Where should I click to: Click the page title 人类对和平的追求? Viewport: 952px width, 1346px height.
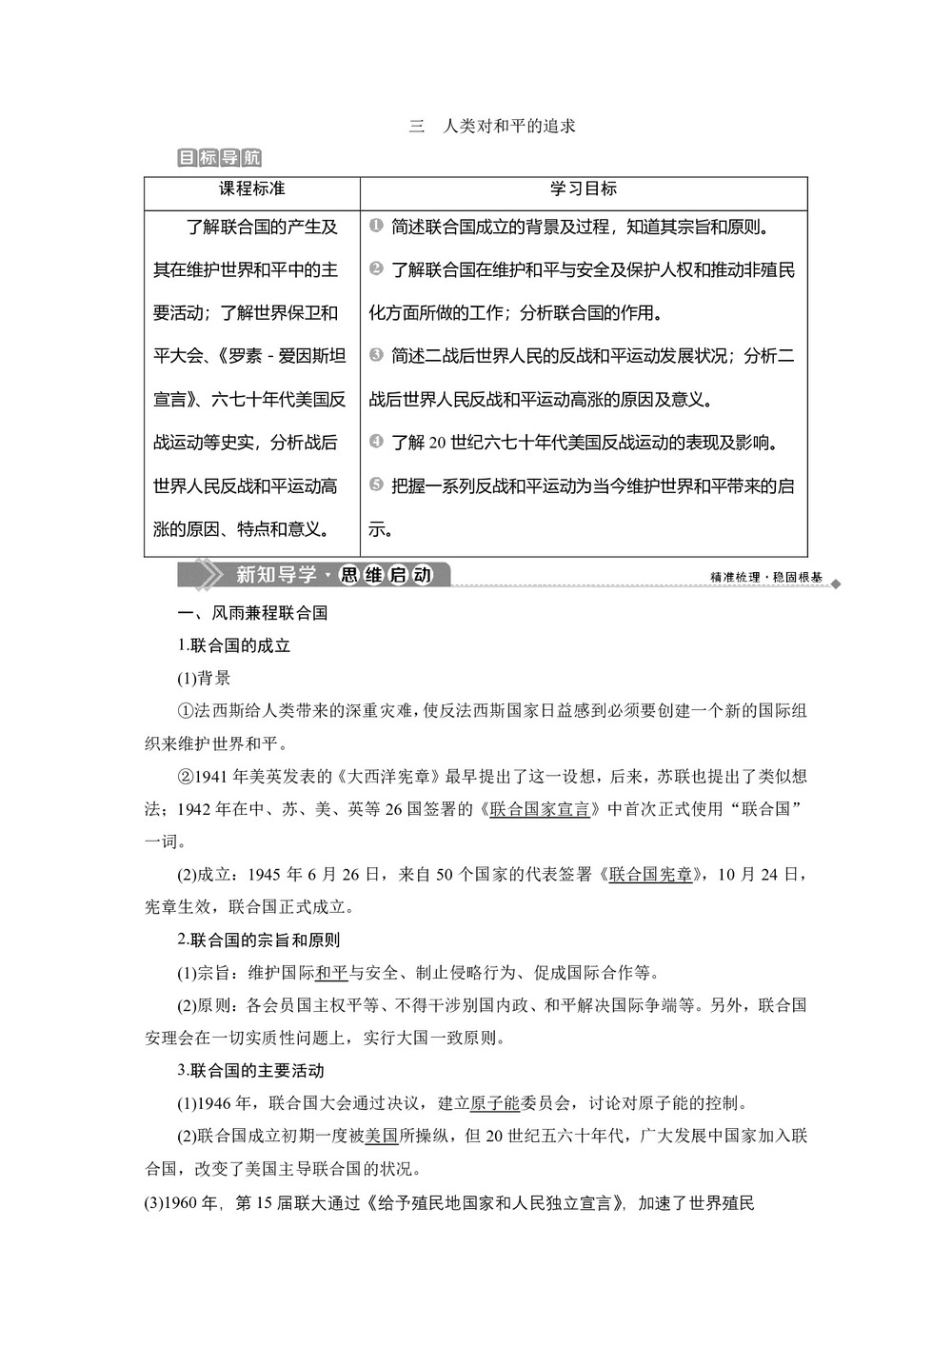click(x=508, y=126)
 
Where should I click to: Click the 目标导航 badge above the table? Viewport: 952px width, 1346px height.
click(x=220, y=158)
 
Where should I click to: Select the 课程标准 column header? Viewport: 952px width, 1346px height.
click(x=252, y=188)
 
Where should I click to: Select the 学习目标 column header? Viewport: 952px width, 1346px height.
click(x=584, y=188)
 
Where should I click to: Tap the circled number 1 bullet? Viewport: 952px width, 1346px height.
click(x=375, y=227)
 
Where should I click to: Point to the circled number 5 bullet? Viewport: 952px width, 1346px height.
click(x=375, y=485)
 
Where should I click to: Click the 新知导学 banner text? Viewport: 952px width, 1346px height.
click(x=276, y=575)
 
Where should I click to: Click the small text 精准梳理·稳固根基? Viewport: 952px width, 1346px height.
click(x=765, y=577)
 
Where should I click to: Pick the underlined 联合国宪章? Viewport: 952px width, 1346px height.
click(x=651, y=874)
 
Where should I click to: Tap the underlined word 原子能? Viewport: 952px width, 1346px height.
click(x=495, y=1103)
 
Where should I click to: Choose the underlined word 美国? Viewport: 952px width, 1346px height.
click(x=381, y=1136)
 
